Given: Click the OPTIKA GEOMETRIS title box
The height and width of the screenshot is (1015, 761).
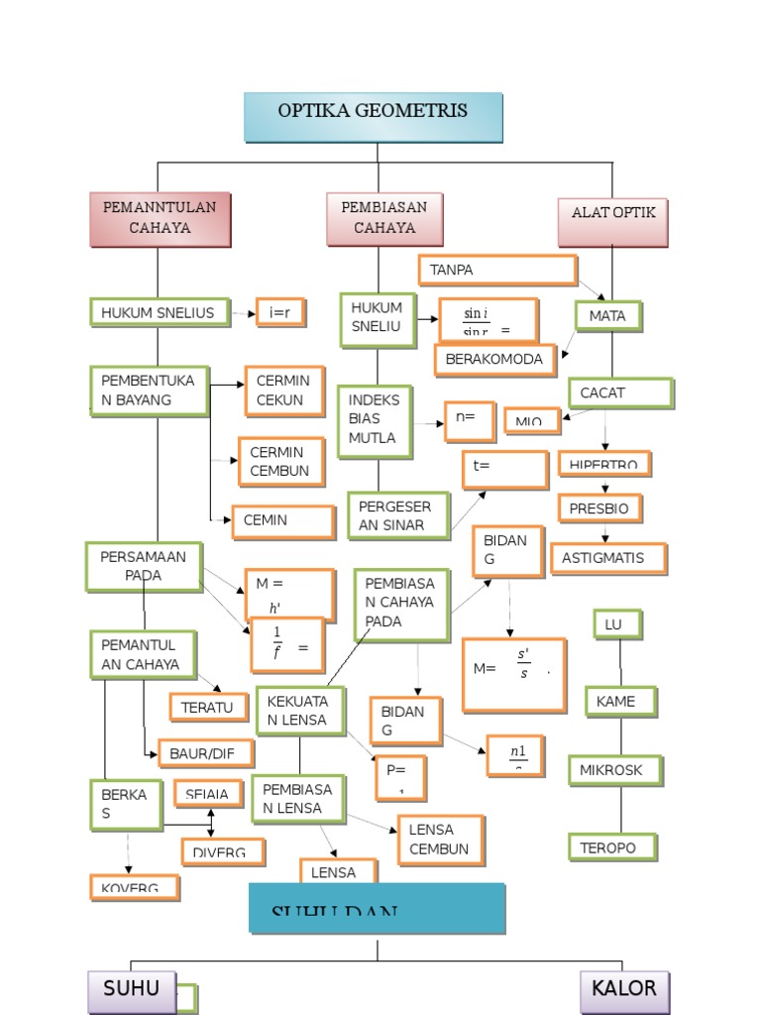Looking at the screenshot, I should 374,117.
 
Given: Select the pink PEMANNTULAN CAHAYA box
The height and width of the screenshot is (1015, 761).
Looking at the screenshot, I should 160,219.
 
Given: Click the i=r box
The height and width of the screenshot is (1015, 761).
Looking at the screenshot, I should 279,312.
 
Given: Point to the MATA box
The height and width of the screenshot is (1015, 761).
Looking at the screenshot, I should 607,316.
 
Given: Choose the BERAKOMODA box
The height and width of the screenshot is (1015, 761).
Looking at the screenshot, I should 494,359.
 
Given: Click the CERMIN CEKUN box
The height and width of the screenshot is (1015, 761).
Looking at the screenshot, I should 285,391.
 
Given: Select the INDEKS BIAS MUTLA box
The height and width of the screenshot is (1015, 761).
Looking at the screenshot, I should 375,420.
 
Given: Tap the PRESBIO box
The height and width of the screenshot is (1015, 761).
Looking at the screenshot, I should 598,508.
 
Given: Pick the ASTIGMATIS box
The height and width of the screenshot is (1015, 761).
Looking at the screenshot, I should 607,558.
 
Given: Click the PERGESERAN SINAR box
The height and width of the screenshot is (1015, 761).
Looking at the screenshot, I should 396,515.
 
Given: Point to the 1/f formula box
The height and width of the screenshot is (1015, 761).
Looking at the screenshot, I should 287,643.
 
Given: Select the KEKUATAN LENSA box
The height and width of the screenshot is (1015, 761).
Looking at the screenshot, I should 300,711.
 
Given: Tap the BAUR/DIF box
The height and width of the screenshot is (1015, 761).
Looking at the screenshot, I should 205,753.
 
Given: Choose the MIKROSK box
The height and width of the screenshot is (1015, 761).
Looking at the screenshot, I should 614,770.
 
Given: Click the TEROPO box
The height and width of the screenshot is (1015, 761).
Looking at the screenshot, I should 613,846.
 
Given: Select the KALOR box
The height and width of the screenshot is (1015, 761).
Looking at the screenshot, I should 623,989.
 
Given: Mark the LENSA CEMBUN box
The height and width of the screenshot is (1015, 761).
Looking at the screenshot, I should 440,840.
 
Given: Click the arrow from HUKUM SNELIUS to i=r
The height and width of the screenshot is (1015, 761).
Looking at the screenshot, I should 243,313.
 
